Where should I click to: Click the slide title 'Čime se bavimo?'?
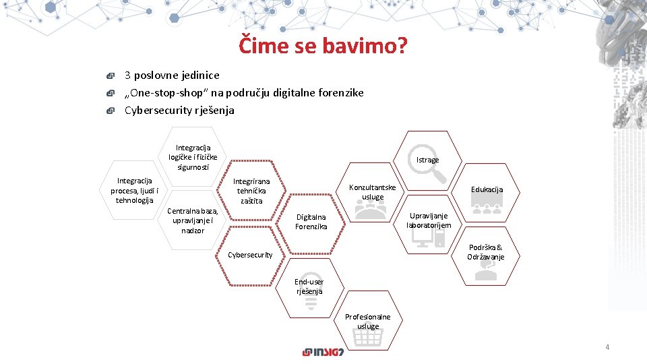coord(323,46)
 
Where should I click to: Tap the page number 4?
coord(607,347)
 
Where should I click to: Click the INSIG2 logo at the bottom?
coord(323,352)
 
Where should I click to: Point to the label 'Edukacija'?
coord(487,189)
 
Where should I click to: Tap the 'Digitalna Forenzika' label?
coord(311,222)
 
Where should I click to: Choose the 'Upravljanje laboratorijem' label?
coord(429,220)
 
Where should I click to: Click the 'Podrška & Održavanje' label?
coord(485,252)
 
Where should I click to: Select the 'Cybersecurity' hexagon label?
coord(250,255)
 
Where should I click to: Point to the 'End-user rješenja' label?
coord(309,286)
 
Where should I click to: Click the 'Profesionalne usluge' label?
coord(368,322)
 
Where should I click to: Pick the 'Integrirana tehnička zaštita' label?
coord(251,191)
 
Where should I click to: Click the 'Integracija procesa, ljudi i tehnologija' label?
coord(134,190)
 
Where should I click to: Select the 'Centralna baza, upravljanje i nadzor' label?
coord(193,220)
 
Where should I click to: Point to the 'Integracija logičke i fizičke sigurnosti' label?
coord(193,157)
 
